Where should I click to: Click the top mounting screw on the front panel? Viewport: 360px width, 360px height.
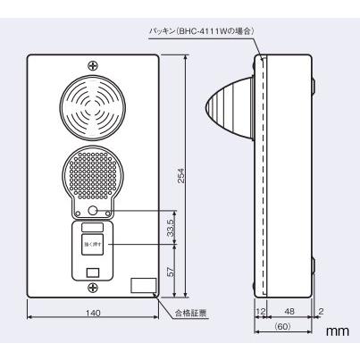click(93, 65)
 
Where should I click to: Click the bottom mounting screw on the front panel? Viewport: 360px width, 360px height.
click(93, 286)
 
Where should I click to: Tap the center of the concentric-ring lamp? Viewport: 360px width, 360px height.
click(93, 110)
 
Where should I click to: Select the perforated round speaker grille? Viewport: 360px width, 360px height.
click(93, 174)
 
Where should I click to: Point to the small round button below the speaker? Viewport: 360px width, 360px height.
click(93, 212)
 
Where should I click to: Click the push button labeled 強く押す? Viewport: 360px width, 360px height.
click(93, 242)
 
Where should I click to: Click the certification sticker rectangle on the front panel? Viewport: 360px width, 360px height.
click(141, 286)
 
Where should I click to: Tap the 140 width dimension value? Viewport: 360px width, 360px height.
click(93, 313)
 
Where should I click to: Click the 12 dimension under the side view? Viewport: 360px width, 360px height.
click(261, 313)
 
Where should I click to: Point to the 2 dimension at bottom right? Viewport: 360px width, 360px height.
click(321, 313)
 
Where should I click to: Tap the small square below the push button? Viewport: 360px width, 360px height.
click(93, 271)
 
